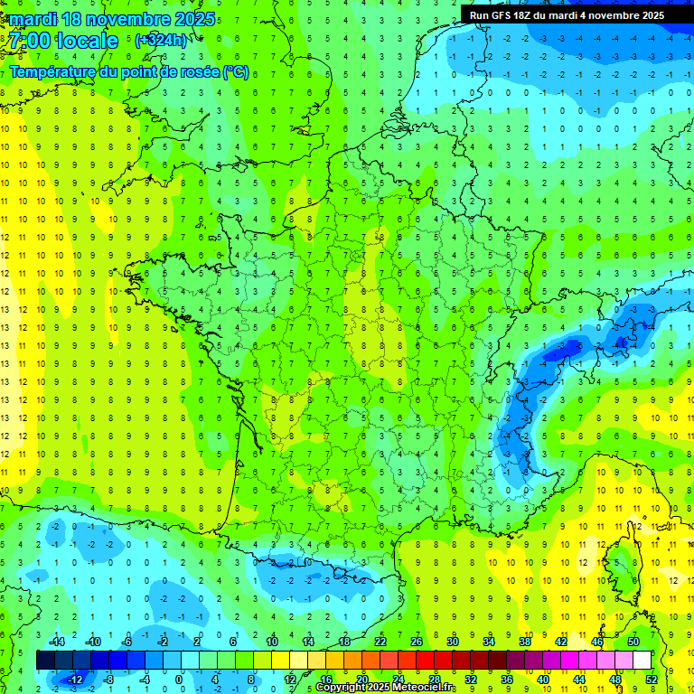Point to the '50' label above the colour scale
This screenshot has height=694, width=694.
point(633,642)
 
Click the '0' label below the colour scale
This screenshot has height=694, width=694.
point(179,679)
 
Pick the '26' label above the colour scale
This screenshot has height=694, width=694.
point(417,642)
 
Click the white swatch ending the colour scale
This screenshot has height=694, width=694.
point(642,661)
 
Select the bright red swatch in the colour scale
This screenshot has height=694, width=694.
point(425,661)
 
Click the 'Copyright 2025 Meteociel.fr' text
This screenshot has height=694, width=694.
point(386,688)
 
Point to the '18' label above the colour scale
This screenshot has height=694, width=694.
point(344,642)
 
